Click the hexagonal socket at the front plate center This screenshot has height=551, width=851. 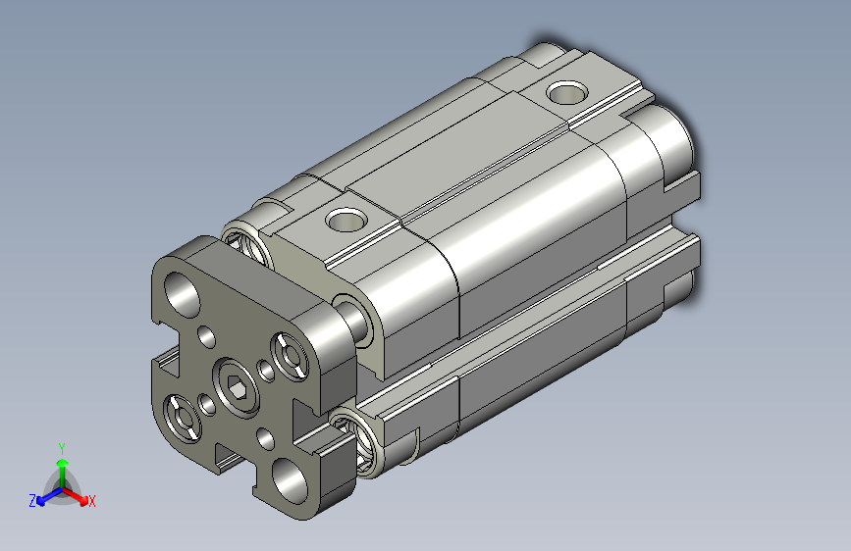237,387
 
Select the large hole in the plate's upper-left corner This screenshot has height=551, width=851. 183,295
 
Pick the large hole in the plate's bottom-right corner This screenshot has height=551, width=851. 290,480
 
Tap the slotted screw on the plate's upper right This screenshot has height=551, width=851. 290,356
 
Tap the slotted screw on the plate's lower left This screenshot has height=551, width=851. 183,419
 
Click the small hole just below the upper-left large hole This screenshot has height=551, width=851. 207,336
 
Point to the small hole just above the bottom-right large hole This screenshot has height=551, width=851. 265,438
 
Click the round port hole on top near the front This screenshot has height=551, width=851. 346,220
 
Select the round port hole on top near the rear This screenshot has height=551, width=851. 566,93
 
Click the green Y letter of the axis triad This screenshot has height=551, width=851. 62,449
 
